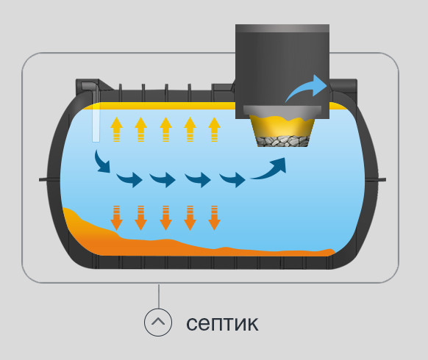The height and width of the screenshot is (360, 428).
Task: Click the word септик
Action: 222,324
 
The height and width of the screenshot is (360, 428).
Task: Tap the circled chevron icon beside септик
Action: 158,322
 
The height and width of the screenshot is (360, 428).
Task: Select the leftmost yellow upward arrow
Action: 116,129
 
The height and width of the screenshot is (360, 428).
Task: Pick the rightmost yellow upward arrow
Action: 214,129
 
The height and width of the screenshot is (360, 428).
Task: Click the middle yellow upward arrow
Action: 165,129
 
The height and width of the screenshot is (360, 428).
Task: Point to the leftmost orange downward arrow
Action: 116,218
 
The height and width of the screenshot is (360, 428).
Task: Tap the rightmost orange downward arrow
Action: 214,218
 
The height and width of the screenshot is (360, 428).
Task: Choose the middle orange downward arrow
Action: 165,218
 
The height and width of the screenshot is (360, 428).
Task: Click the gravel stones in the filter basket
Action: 283,141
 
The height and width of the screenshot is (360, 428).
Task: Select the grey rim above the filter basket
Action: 282,110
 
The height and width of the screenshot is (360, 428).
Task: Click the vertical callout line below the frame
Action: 159,296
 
